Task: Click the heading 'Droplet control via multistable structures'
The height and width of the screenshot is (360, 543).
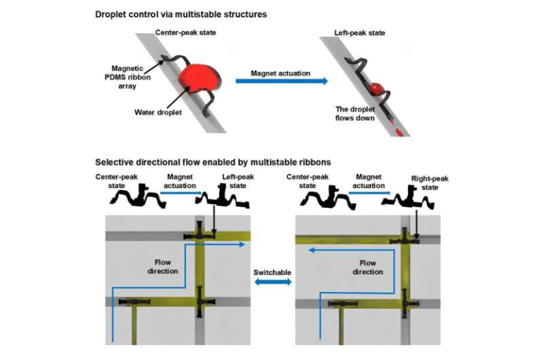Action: click(x=180, y=14)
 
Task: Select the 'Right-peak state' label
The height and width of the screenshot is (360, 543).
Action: click(x=429, y=183)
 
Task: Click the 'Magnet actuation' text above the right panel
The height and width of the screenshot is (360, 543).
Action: click(x=368, y=181)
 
